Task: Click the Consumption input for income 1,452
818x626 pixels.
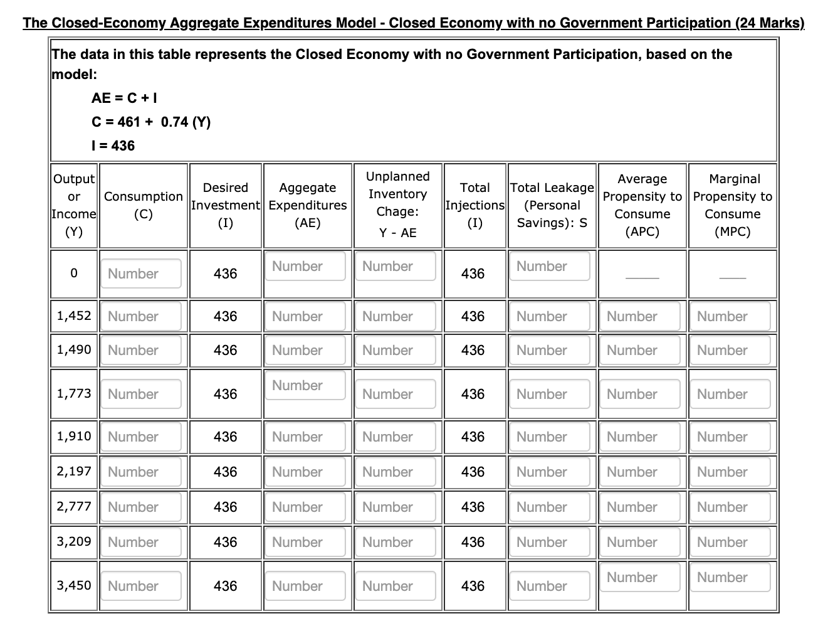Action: [141, 317]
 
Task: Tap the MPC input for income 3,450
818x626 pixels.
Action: [730, 578]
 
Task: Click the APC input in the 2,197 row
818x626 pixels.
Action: [639, 472]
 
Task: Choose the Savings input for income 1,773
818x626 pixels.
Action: [549, 395]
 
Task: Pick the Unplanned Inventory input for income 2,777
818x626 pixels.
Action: [395, 507]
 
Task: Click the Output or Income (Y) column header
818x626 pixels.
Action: [74, 205]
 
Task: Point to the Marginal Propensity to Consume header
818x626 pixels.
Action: [732, 205]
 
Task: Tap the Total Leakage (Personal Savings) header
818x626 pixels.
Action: [552, 205]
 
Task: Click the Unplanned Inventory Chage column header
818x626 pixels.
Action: [397, 204]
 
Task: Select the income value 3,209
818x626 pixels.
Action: [74, 541]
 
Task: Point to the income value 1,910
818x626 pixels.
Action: [74, 436]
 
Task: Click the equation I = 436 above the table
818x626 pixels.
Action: [113, 146]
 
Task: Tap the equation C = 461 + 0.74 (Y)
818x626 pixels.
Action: [150, 122]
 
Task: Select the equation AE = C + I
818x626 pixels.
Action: [124, 98]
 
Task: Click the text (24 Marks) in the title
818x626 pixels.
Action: [770, 23]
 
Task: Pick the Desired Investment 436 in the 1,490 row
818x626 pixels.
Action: [225, 350]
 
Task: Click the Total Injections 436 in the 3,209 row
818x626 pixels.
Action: [473, 542]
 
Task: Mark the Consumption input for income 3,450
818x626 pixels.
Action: [141, 586]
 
